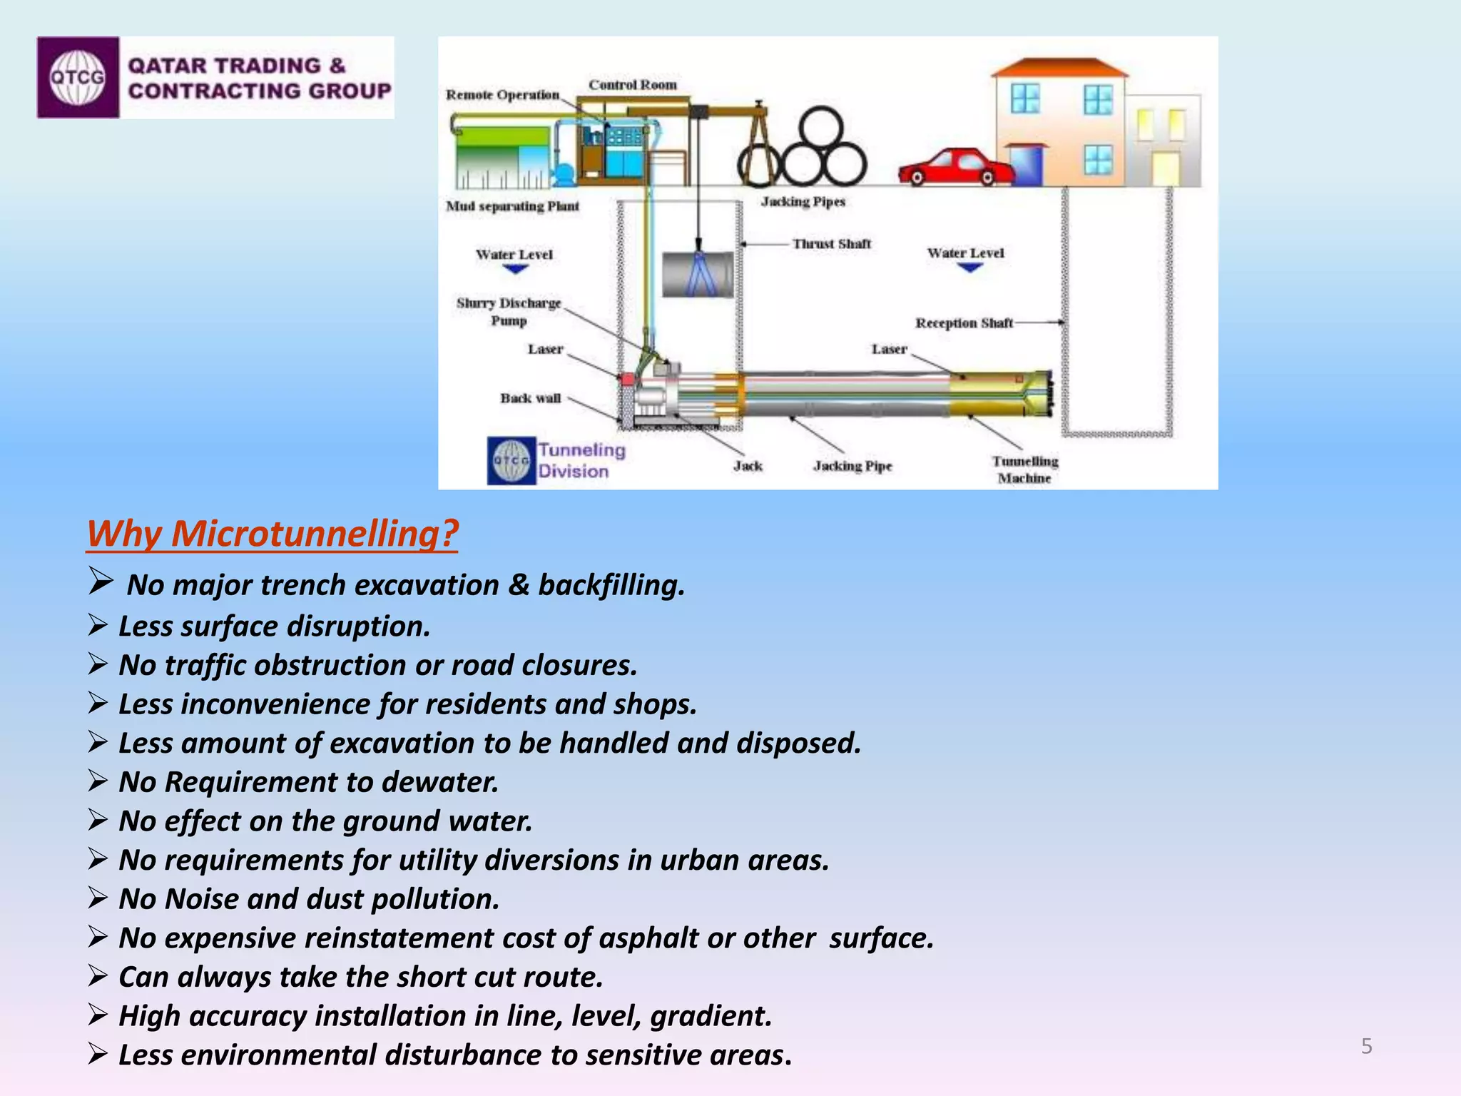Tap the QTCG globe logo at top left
point(77,77)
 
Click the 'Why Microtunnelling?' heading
point(272,534)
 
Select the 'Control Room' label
point(632,85)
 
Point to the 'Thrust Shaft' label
point(831,244)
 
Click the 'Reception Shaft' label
point(964,323)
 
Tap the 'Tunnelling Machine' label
point(1024,470)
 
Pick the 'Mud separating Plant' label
point(512,206)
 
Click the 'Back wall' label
point(530,398)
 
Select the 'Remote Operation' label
point(502,95)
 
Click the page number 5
point(1366,1046)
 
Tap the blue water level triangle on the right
point(969,268)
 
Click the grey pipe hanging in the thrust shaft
point(697,275)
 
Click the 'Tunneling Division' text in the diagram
point(581,460)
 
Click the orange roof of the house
point(1059,67)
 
